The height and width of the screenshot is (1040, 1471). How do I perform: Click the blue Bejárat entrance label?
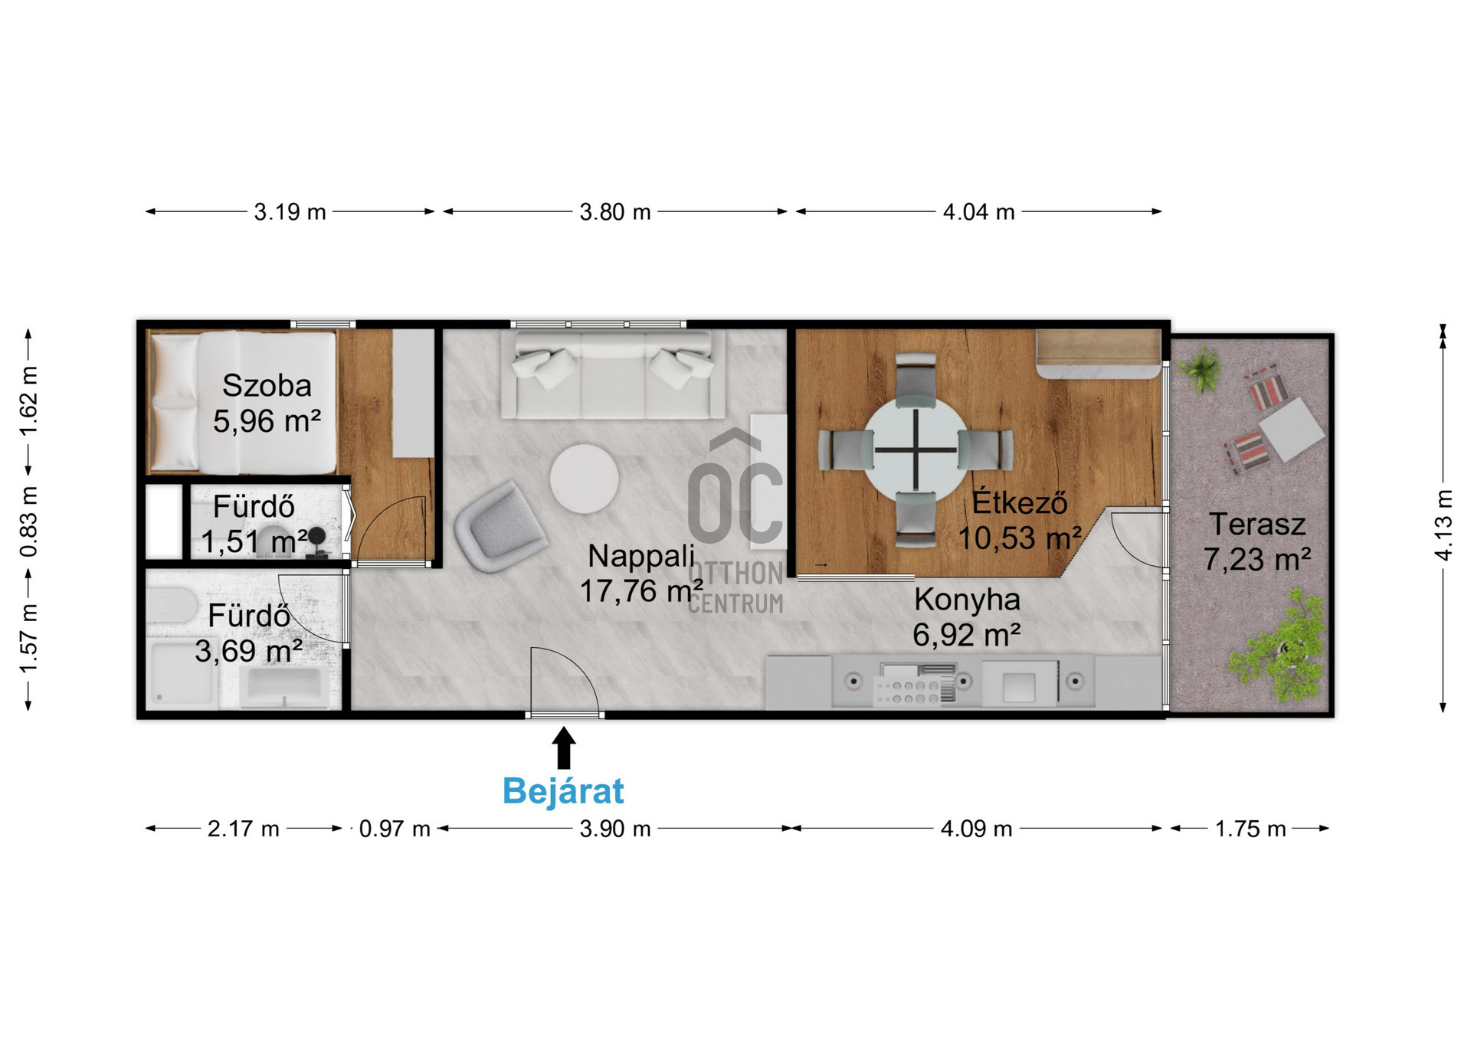coord(563,790)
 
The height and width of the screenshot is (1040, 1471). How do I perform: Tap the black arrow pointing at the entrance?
coord(564,747)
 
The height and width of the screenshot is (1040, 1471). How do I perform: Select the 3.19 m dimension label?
coord(290,211)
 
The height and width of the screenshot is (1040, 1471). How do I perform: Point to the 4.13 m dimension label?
coord(1443,525)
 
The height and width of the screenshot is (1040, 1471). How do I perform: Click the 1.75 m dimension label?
coord(1250,829)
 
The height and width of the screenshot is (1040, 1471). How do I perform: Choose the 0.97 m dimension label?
coord(395,829)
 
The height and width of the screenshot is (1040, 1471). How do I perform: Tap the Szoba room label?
coord(267,385)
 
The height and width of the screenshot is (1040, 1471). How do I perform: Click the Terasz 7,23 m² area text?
coord(1257,542)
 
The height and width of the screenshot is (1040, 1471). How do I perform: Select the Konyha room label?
coord(967,600)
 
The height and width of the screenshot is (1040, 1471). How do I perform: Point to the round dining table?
coord(916,450)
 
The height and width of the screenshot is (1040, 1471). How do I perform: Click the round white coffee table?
coord(584,479)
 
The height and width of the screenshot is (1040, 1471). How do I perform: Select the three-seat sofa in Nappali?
coord(613,374)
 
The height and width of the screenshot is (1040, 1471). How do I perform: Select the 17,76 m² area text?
coord(641,590)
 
